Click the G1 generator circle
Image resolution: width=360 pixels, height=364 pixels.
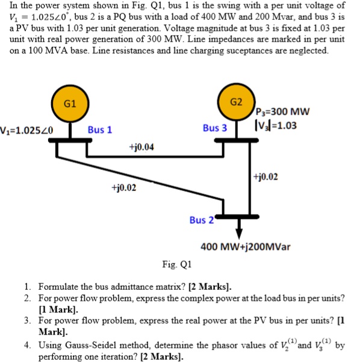[70, 103]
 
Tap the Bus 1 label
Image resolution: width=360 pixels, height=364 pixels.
[100, 130]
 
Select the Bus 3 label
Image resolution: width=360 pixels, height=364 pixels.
[215, 128]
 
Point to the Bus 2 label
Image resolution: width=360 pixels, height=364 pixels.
[201, 220]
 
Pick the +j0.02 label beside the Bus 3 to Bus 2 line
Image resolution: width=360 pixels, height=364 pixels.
[266, 177]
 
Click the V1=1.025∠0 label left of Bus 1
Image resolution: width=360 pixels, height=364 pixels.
[28, 129]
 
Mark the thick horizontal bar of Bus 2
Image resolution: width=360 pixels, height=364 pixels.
[240, 215]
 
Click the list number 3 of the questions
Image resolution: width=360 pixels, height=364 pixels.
[28, 320]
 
